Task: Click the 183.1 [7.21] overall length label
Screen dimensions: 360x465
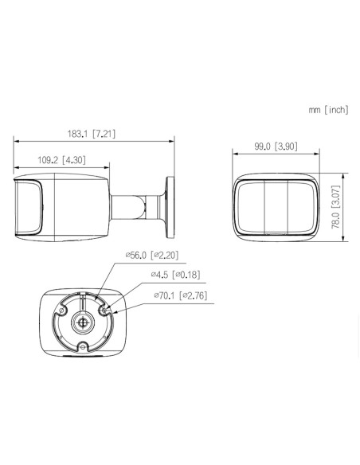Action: point(92,134)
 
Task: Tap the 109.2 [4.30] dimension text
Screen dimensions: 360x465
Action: point(61,160)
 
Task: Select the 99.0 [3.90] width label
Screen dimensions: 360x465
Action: point(276,147)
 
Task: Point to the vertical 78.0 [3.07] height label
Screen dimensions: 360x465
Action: point(335,207)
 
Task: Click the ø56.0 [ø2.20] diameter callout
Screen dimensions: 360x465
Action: point(152,255)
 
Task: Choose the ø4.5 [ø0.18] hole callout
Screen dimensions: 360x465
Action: point(175,275)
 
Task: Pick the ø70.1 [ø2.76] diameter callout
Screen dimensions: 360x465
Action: point(181,295)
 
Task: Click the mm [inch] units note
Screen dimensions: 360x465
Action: point(328,110)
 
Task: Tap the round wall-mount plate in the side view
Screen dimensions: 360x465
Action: point(170,207)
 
